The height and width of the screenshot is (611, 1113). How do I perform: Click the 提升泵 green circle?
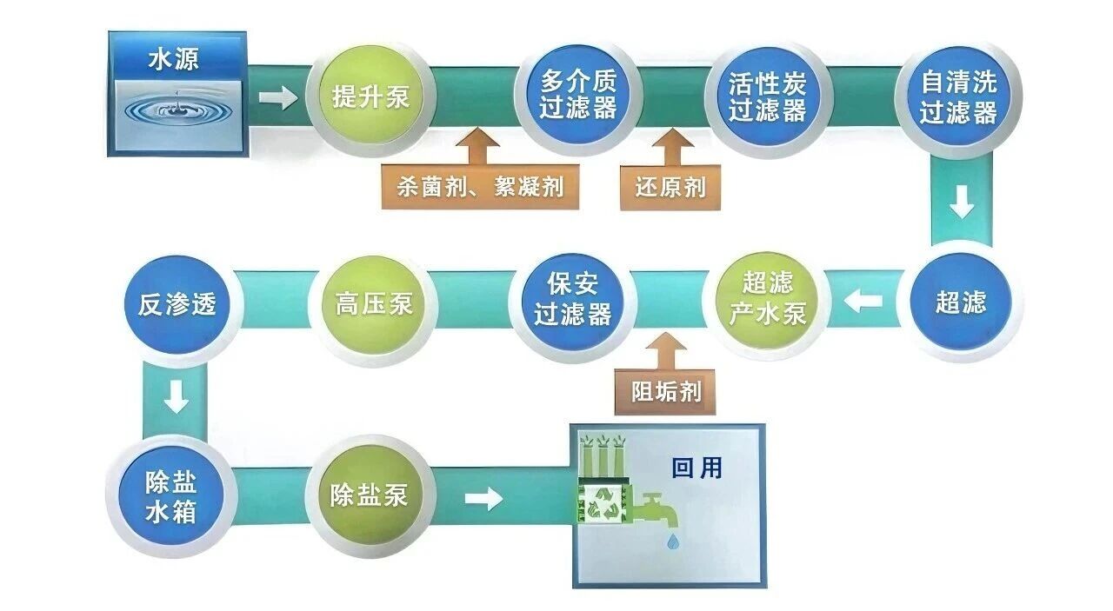[x=371, y=96]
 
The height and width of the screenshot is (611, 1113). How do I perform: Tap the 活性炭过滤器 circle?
[x=768, y=96]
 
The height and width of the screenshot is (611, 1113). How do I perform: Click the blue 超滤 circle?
[x=961, y=302]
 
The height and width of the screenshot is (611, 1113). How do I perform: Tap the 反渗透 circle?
[x=177, y=304]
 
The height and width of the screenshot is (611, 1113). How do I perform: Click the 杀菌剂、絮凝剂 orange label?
[x=479, y=187]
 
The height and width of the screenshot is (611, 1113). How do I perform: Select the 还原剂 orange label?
[x=670, y=187]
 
